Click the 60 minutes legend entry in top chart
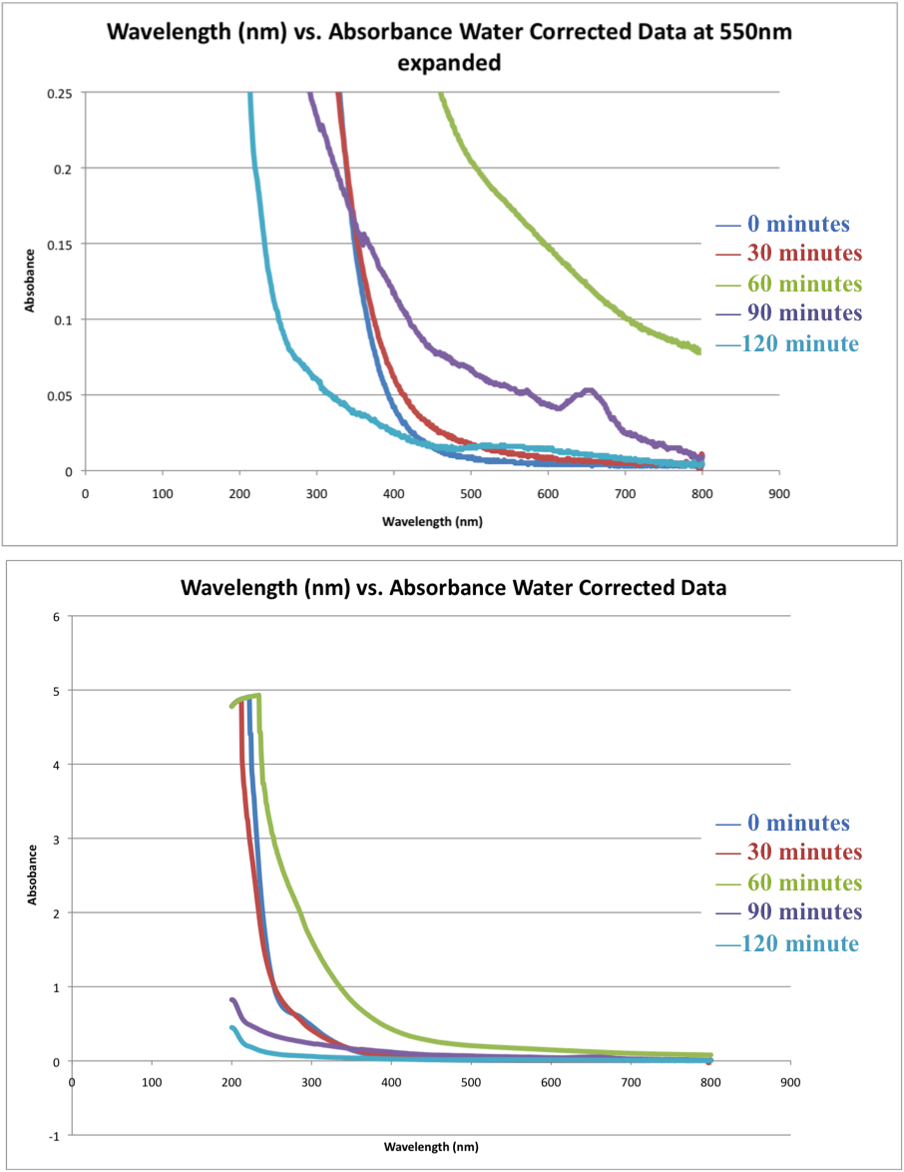788,283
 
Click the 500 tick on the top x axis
471,493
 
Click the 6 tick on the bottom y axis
57,616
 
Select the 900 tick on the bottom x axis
791,1082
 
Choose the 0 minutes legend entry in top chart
783,224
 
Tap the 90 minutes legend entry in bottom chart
788,912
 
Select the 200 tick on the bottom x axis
231,1082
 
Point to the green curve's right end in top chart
698,349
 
